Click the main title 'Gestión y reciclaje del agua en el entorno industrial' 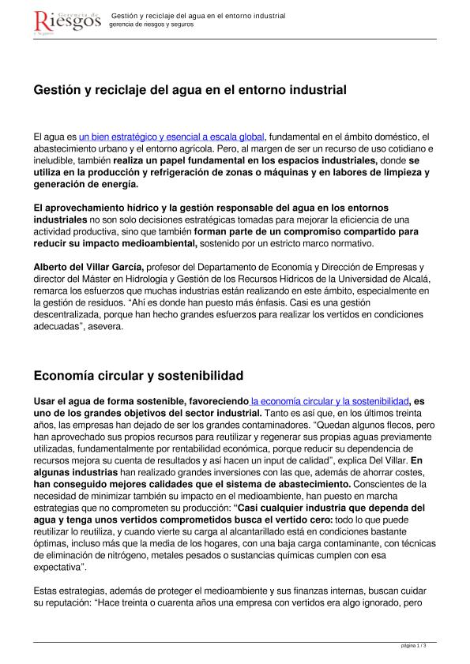point(190,91)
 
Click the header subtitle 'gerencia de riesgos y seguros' point(151,24)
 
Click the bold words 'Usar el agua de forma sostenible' point(111,402)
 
